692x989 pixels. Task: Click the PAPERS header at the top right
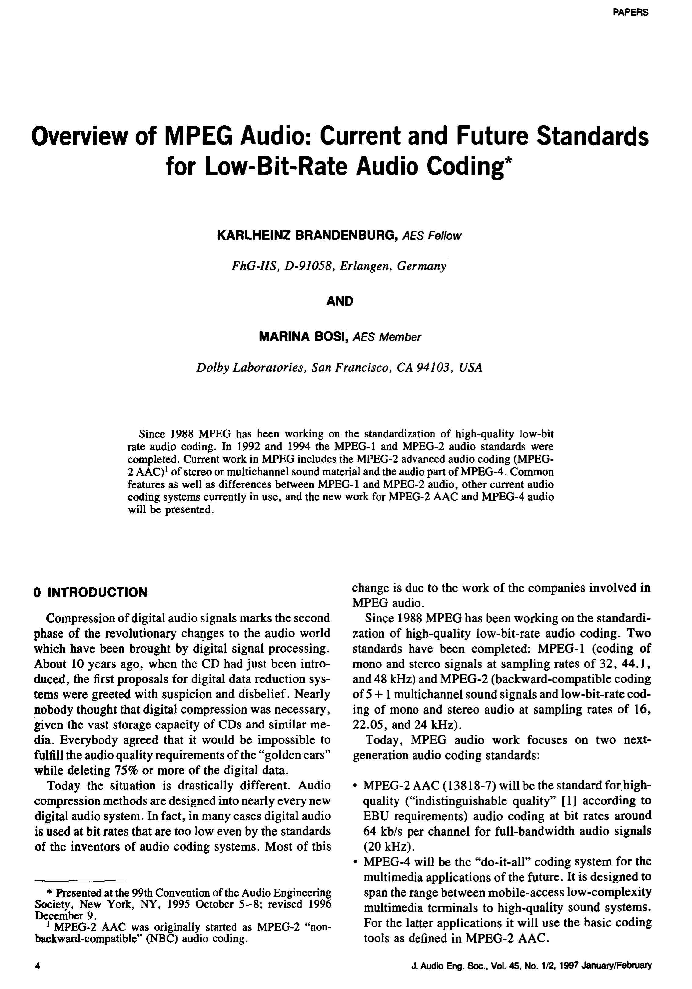pyautogui.click(x=630, y=13)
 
